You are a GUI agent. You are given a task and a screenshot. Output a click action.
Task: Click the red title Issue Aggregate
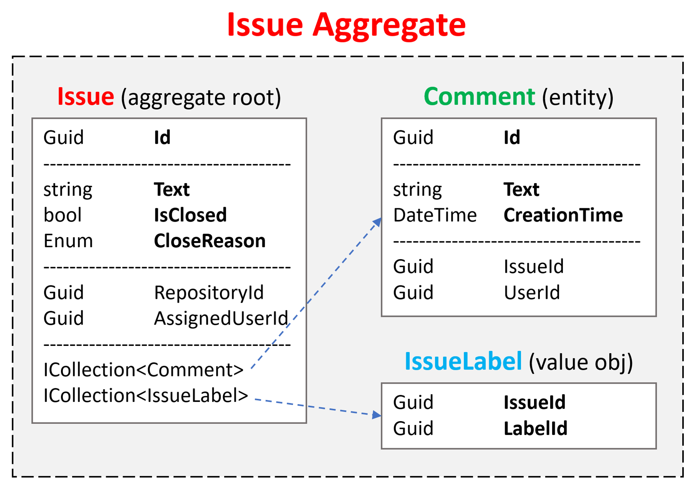pos(346,25)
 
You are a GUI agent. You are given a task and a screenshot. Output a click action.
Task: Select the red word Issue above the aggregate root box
pos(86,96)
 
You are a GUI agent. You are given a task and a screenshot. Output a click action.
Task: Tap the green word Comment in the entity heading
pos(479,96)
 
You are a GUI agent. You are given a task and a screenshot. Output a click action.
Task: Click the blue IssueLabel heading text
pos(463,362)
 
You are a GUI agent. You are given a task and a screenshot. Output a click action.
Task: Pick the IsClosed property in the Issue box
pos(190,215)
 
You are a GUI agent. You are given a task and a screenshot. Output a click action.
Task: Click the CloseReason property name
pos(210,241)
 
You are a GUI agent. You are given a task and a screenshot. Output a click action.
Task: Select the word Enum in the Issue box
pos(68,241)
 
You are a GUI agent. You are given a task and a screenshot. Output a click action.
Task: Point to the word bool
pos(63,215)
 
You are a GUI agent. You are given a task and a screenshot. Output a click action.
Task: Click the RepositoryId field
pos(209,293)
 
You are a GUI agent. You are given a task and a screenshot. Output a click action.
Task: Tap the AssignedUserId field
pos(221,319)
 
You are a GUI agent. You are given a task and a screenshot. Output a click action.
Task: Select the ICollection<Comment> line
pos(143,370)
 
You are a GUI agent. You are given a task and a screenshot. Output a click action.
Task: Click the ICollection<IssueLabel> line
pos(145,396)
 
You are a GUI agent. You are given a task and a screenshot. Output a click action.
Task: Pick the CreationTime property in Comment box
pos(563,215)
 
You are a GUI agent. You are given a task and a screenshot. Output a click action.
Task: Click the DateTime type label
pos(435,215)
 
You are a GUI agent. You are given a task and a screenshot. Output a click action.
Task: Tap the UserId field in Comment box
pos(532,293)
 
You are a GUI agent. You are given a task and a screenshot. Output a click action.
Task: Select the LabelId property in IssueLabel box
pos(535,428)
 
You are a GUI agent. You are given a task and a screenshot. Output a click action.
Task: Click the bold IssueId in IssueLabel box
pos(534,403)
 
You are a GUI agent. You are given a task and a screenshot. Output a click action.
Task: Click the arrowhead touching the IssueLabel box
pos(377,415)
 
